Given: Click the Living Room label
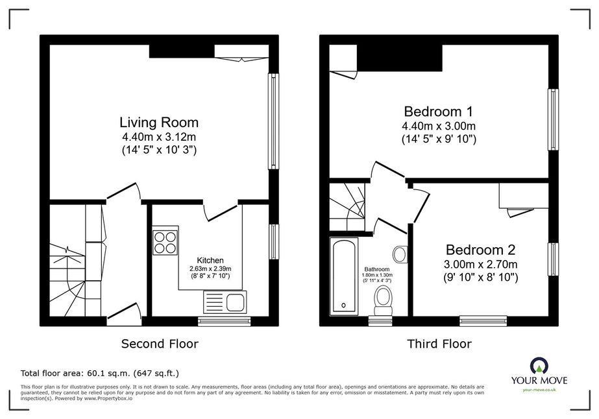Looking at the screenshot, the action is tap(159, 122).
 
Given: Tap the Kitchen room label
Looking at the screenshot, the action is tap(210, 261).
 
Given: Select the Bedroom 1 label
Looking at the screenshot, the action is tap(439, 112).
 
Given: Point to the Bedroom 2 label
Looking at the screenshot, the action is tap(481, 250).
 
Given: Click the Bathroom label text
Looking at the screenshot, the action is tap(377, 269).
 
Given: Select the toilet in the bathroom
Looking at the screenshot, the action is tap(383, 302).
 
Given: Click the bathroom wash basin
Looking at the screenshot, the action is tap(400, 254).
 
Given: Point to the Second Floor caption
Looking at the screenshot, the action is tap(160, 344).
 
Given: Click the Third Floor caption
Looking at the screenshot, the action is tap(439, 344).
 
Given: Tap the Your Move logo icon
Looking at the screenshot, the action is tap(539, 366).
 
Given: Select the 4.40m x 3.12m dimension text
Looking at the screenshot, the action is tap(159, 136).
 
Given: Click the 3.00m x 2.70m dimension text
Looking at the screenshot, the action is tap(481, 264).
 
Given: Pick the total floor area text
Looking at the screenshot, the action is tap(100, 373).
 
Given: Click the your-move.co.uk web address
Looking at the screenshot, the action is tap(539, 390).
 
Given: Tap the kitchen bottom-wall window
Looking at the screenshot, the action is tap(225, 321).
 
